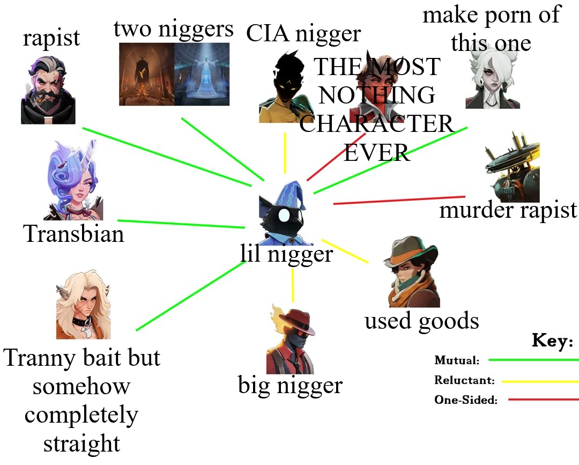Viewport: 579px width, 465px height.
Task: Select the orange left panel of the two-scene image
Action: click(146, 74)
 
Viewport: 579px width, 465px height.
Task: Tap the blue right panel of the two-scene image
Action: click(202, 74)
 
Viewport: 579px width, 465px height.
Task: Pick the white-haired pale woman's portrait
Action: click(492, 80)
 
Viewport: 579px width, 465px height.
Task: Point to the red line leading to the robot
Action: click(399, 200)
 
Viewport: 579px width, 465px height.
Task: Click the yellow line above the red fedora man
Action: click(293, 285)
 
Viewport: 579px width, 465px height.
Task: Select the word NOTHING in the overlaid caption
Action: click(376, 95)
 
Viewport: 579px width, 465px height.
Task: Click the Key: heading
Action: click(553, 341)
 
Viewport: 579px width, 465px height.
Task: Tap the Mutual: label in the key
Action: click(457, 360)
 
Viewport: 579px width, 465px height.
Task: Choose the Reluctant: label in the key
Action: click(464, 380)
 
